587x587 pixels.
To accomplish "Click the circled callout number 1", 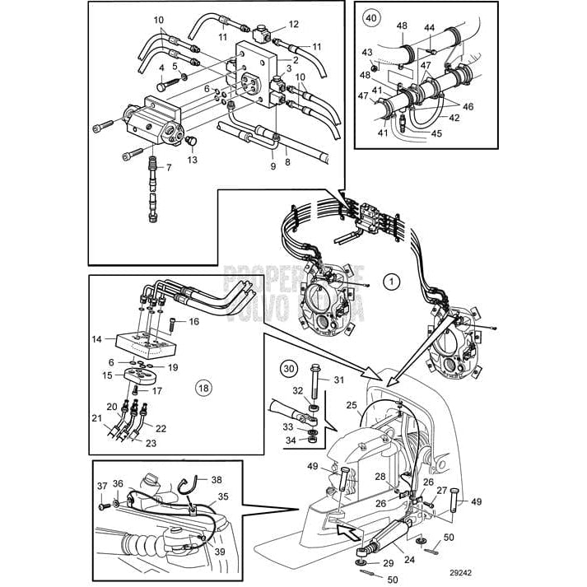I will coord(393,282).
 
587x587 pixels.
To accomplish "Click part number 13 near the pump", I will coord(192,160).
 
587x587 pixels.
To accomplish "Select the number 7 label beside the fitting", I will coord(169,168).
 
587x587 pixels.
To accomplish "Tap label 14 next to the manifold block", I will coord(97,338).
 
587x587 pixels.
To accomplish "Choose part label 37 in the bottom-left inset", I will coord(102,484).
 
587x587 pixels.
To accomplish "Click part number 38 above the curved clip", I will coord(217,479).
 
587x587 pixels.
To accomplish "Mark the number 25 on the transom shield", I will coord(352,405).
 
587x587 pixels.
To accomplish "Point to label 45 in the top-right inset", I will coord(436,134).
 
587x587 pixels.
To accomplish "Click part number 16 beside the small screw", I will coord(194,321).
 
